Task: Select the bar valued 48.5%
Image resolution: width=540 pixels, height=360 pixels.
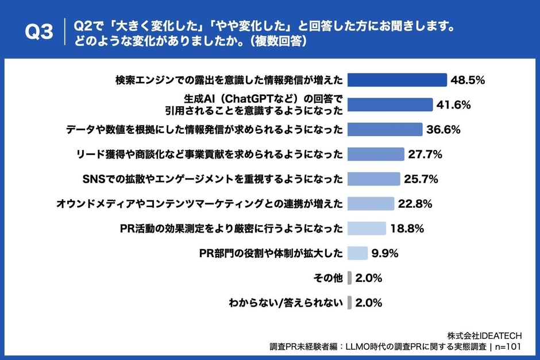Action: [x=397, y=80]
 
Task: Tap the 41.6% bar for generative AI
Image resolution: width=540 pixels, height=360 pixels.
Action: [x=390, y=104]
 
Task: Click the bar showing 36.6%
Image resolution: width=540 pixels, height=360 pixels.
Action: [x=385, y=129]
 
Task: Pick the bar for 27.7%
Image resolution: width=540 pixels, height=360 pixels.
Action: [x=376, y=154]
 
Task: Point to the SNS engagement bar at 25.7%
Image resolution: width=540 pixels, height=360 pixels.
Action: [x=374, y=179]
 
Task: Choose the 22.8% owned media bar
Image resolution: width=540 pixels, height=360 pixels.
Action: [x=371, y=204]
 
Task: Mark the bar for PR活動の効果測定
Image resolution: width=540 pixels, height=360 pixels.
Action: [x=367, y=229]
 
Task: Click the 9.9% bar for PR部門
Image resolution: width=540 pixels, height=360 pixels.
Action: [x=357, y=253]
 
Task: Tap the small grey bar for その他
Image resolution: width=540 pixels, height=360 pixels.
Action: [x=349, y=278]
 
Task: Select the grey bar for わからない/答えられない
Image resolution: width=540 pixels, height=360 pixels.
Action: [x=349, y=303]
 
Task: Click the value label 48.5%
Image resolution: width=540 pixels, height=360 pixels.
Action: [x=468, y=80]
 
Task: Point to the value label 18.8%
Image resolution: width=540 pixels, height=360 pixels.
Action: [x=407, y=229]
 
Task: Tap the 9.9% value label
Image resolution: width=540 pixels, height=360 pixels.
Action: [x=385, y=253]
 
